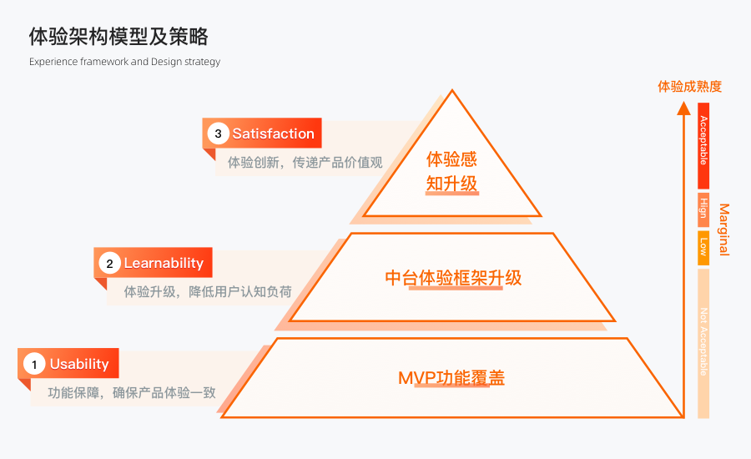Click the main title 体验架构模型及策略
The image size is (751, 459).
tap(118, 37)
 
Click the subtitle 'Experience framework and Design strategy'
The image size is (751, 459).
tap(124, 62)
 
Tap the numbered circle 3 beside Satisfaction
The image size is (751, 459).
tap(218, 134)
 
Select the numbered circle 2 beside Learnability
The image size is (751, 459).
tap(109, 264)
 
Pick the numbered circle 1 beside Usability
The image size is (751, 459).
tap(34, 364)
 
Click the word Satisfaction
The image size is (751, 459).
tap(273, 134)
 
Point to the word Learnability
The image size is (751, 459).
tap(164, 264)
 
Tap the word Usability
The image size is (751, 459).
tap(79, 364)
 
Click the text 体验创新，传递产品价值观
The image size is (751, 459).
tap(305, 162)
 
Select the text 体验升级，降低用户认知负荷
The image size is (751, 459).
tap(208, 292)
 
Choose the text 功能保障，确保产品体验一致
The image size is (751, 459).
tap(132, 392)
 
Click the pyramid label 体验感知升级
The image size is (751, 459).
tap(451, 171)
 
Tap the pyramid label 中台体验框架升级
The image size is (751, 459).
tap(453, 278)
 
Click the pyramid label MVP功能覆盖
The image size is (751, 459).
tap(451, 378)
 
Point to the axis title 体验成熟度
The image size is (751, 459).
tap(689, 86)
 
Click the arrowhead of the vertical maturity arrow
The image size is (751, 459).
tap(683, 107)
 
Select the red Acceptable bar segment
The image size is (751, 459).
tap(703, 146)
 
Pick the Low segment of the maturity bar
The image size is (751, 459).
tap(703, 248)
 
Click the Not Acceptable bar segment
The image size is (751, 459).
tap(703, 342)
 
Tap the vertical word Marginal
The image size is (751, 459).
tap(723, 229)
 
